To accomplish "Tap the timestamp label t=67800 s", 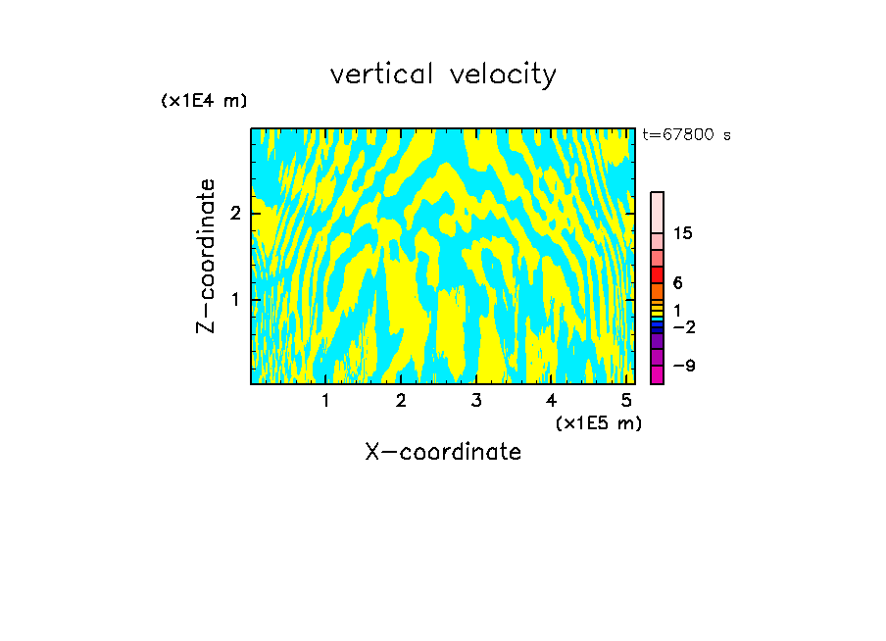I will pos(686,135).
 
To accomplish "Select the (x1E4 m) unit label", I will pos(204,101).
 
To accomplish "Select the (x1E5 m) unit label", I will pos(598,422).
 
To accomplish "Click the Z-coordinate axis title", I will pos(206,256).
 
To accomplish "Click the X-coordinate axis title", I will pos(443,452).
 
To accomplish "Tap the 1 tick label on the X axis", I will pos(325,401).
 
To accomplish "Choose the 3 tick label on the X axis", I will pos(476,401).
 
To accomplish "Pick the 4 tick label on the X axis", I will pos(552,401).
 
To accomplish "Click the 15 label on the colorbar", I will pos(683,233).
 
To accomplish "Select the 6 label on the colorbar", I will pos(677,283).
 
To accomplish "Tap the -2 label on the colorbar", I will pos(683,327).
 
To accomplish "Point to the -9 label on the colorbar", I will pos(683,367).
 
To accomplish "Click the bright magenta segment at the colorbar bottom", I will pos(657,375).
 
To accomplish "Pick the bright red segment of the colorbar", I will pos(657,275).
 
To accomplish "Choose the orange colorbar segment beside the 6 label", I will pos(657,291).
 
